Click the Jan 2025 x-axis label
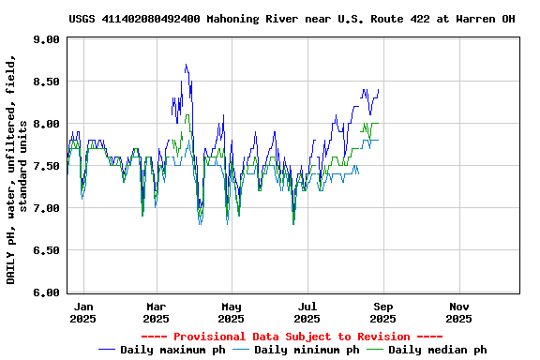tap(82, 312)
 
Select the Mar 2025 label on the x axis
tap(156, 312)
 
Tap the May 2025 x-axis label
tap(232, 312)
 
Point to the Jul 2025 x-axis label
tap(307, 312)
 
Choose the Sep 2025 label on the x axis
tap(384, 312)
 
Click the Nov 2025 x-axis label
tap(459, 312)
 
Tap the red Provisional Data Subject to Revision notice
tap(292, 337)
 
